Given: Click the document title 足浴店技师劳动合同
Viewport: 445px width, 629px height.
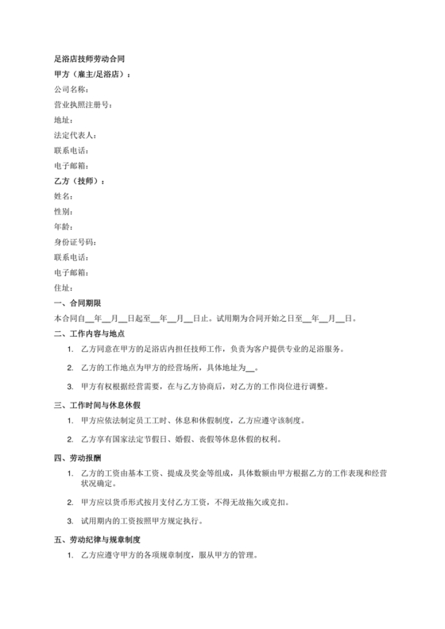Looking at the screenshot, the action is (x=89, y=60).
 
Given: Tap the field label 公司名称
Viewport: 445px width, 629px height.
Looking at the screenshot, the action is (x=69, y=90).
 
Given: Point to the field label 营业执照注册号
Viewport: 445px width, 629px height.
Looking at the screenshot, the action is (x=82, y=105).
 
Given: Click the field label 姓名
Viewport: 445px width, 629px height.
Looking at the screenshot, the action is (x=63, y=196).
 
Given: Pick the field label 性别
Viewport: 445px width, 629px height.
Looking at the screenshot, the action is (x=63, y=212).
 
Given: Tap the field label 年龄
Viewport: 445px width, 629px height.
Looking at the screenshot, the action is (x=63, y=227).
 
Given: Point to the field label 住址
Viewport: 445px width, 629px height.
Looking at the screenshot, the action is (x=63, y=287).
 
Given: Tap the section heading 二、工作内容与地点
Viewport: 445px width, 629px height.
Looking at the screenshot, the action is (x=89, y=334).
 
